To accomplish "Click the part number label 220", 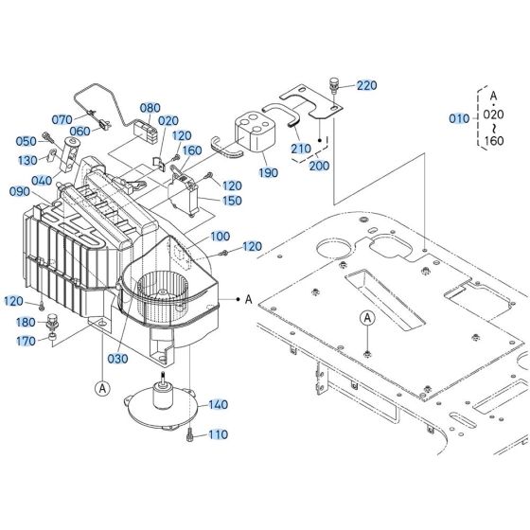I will click(x=366, y=85).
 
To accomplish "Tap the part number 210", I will click(x=300, y=149).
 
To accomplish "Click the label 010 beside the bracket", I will click(x=458, y=118).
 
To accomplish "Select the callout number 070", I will click(x=88, y=119).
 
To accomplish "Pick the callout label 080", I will click(x=150, y=108).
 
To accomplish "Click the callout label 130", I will click(x=54, y=159).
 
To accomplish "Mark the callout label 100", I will click(x=220, y=235).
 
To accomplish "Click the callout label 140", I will click(x=218, y=404).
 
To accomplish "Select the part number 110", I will click(x=219, y=434).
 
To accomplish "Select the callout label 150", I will click(x=232, y=201).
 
